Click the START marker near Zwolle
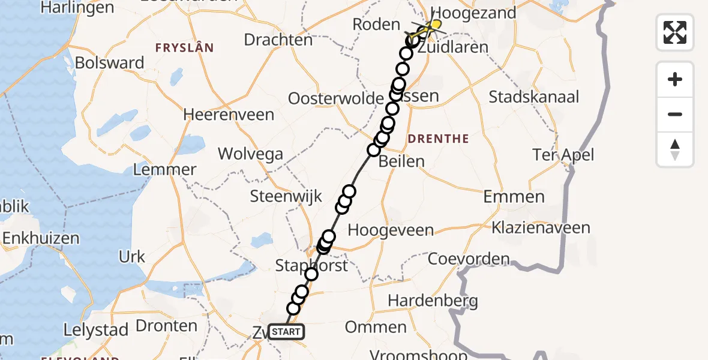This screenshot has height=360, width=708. click(286, 332)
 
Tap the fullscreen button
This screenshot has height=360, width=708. click(675, 32)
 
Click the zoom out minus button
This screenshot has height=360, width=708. click(675, 114)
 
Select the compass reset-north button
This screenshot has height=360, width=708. click(675, 149)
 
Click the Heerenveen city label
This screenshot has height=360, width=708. click(229, 114)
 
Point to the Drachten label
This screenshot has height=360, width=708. click(278, 40)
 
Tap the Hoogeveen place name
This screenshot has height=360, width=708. click(391, 230)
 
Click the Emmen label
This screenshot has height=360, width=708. click(514, 196)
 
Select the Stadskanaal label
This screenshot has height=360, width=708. click(534, 97)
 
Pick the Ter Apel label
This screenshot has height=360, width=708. click(563, 155)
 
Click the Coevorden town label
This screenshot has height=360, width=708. click(469, 259)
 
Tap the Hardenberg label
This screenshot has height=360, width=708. click(433, 300)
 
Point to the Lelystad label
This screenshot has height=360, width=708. click(97, 329)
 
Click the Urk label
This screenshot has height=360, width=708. click(132, 257)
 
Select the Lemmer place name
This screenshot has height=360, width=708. click(164, 170)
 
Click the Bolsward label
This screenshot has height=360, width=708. click(110, 62)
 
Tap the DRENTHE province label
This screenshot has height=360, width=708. click(438, 139)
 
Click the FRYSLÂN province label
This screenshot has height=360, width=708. click(184, 47)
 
